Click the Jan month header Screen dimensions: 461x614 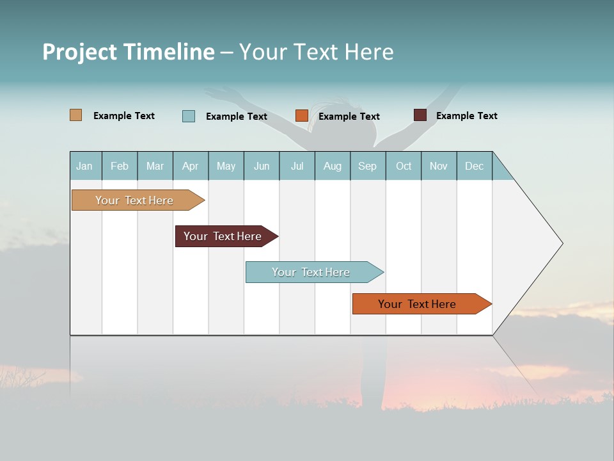tap(84, 166)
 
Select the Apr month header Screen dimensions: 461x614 tap(190, 166)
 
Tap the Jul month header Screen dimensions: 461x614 tap(297, 166)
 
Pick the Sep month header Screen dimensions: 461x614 tap(367, 166)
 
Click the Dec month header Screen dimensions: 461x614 tap(474, 166)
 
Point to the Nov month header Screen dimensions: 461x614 tap(438, 166)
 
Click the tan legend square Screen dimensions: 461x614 tap(75, 115)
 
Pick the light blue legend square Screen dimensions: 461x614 tap(189, 116)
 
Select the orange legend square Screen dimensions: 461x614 tap(301, 116)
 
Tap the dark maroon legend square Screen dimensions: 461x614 tap(420, 115)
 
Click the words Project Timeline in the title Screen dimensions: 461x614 tap(128, 52)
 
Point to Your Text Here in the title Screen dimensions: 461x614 tap(316, 52)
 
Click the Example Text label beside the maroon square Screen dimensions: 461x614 tap(466, 116)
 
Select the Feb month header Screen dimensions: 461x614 tap(120, 166)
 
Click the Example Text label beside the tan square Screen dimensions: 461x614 tap(123, 116)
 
